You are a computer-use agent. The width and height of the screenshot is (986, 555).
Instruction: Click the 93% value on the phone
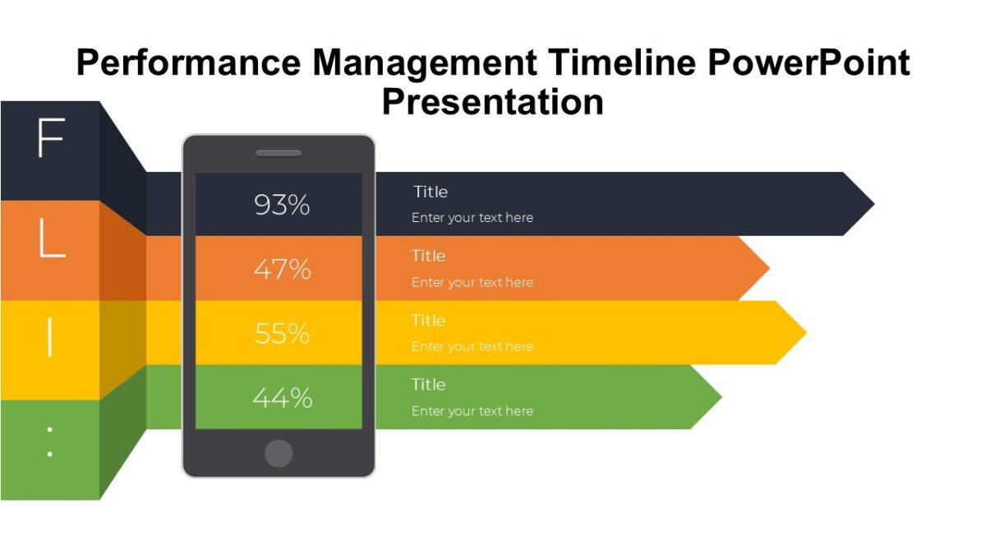coord(282,205)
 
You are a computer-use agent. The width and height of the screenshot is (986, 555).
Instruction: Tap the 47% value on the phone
coord(282,269)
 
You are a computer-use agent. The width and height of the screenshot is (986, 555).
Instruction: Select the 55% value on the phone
coord(282,333)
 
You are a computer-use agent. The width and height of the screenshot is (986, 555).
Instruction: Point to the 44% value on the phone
coord(282,398)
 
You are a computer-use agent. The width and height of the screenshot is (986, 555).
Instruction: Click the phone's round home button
coord(279,453)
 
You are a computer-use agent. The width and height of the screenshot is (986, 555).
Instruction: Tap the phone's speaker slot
coord(279,153)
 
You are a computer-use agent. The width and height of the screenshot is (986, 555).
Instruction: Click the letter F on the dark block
coord(50,139)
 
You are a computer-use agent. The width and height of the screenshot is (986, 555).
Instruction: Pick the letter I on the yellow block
coord(50,336)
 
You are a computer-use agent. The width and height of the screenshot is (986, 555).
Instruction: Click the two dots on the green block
coord(50,442)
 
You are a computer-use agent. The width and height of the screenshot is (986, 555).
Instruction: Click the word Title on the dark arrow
coord(431,192)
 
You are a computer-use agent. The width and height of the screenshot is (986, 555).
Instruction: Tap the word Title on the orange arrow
coord(429,256)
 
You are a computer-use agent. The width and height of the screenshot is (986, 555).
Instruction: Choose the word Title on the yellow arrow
coord(429,320)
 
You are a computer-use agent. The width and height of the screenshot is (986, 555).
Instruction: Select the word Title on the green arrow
coord(429,384)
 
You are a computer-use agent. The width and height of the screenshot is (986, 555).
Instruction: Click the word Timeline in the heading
coord(625,63)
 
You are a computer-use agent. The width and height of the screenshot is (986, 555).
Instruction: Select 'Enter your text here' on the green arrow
coord(472,411)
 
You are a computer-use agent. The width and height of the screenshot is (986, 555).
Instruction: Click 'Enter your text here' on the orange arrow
coord(472,282)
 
